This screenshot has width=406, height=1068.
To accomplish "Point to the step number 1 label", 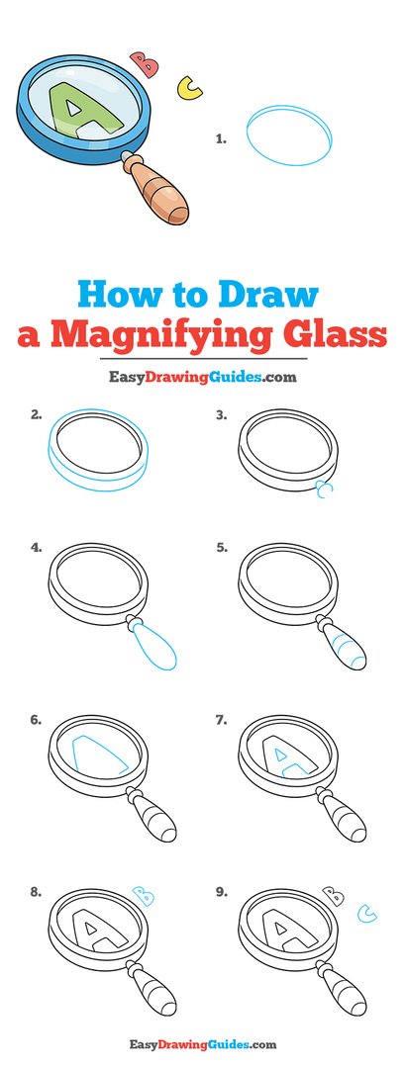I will (221, 140).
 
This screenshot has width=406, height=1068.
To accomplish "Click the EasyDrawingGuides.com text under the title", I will (203, 376).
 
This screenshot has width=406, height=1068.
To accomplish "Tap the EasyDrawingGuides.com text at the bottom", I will (202, 1044).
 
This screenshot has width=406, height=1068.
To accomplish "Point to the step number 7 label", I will (222, 721).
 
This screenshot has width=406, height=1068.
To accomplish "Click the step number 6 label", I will (36, 721).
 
